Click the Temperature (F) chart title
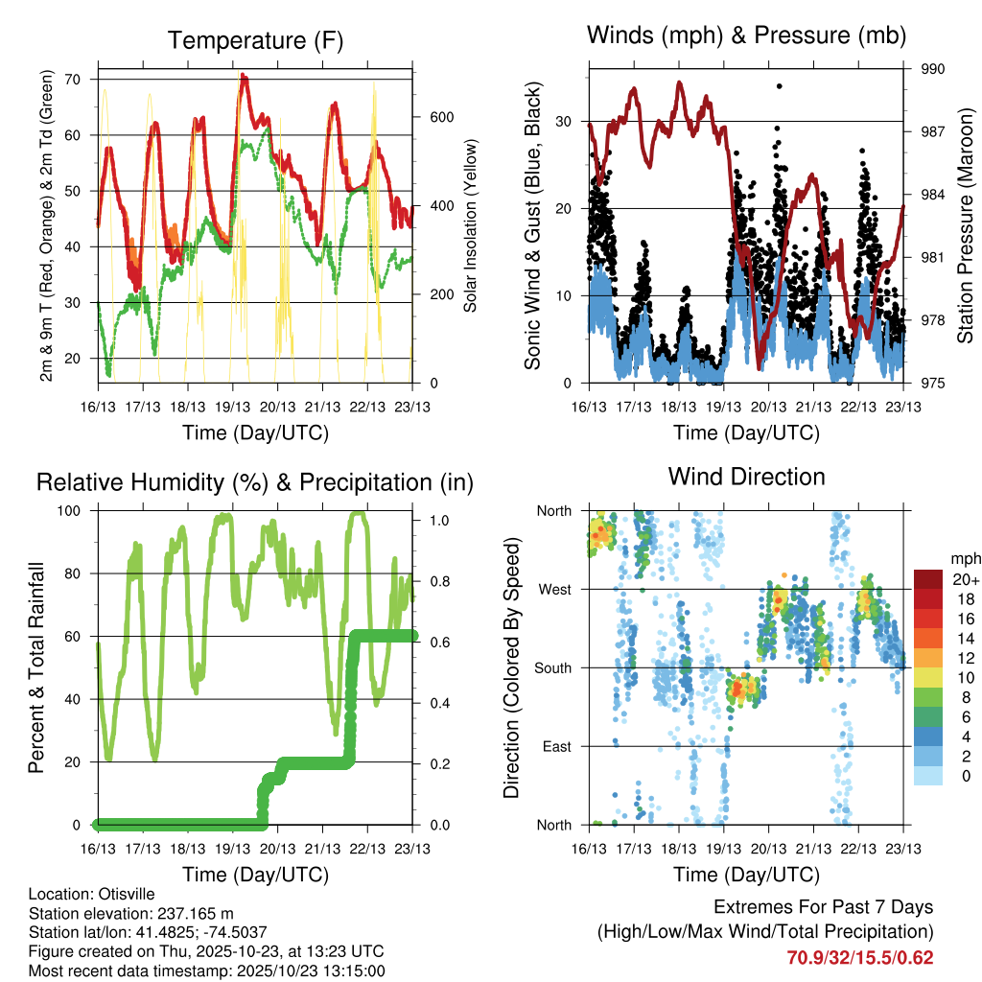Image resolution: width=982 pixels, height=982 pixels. pos(255,40)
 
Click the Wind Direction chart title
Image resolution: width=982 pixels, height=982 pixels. pos(746,476)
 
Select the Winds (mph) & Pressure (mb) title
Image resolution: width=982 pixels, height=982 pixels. pos(746,36)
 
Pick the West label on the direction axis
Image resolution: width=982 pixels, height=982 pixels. pos(557,589)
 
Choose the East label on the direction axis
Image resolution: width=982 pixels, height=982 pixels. pos(559,746)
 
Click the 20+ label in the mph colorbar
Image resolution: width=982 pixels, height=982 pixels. pos(960,579)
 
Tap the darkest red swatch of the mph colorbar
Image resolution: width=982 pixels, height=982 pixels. pos(927,579)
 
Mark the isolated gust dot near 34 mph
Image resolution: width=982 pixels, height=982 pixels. pos(780,86)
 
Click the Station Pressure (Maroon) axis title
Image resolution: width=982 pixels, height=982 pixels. pos(965,226)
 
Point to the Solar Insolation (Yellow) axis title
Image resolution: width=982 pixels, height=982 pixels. pos(470,226)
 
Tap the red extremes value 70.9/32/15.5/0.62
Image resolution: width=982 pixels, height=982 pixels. pos(860,957)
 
